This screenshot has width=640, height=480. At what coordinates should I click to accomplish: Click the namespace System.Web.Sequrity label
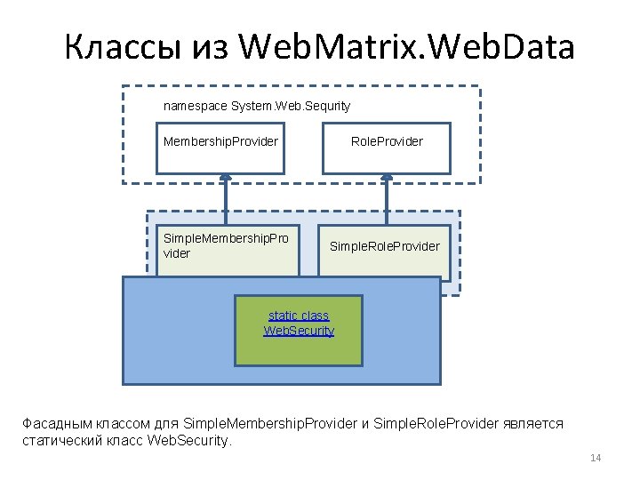(x=257, y=106)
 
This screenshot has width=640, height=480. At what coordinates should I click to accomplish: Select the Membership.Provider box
(x=220, y=148)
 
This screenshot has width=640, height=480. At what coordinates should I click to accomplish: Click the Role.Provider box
(x=386, y=148)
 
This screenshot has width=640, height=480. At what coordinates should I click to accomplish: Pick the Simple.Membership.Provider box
(x=226, y=246)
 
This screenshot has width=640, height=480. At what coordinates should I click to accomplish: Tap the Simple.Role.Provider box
(x=384, y=246)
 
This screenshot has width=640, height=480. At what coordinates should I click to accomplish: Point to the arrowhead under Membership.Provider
(x=227, y=180)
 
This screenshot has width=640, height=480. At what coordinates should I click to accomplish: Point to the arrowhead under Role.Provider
(x=387, y=180)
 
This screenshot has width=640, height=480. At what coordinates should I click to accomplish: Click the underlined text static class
(x=299, y=316)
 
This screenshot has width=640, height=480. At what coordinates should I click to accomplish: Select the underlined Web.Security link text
(x=299, y=331)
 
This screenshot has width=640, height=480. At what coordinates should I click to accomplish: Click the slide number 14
(x=596, y=458)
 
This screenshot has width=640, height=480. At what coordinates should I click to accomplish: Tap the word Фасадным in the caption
(x=52, y=423)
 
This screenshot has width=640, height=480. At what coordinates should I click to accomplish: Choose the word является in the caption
(x=533, y=423)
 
